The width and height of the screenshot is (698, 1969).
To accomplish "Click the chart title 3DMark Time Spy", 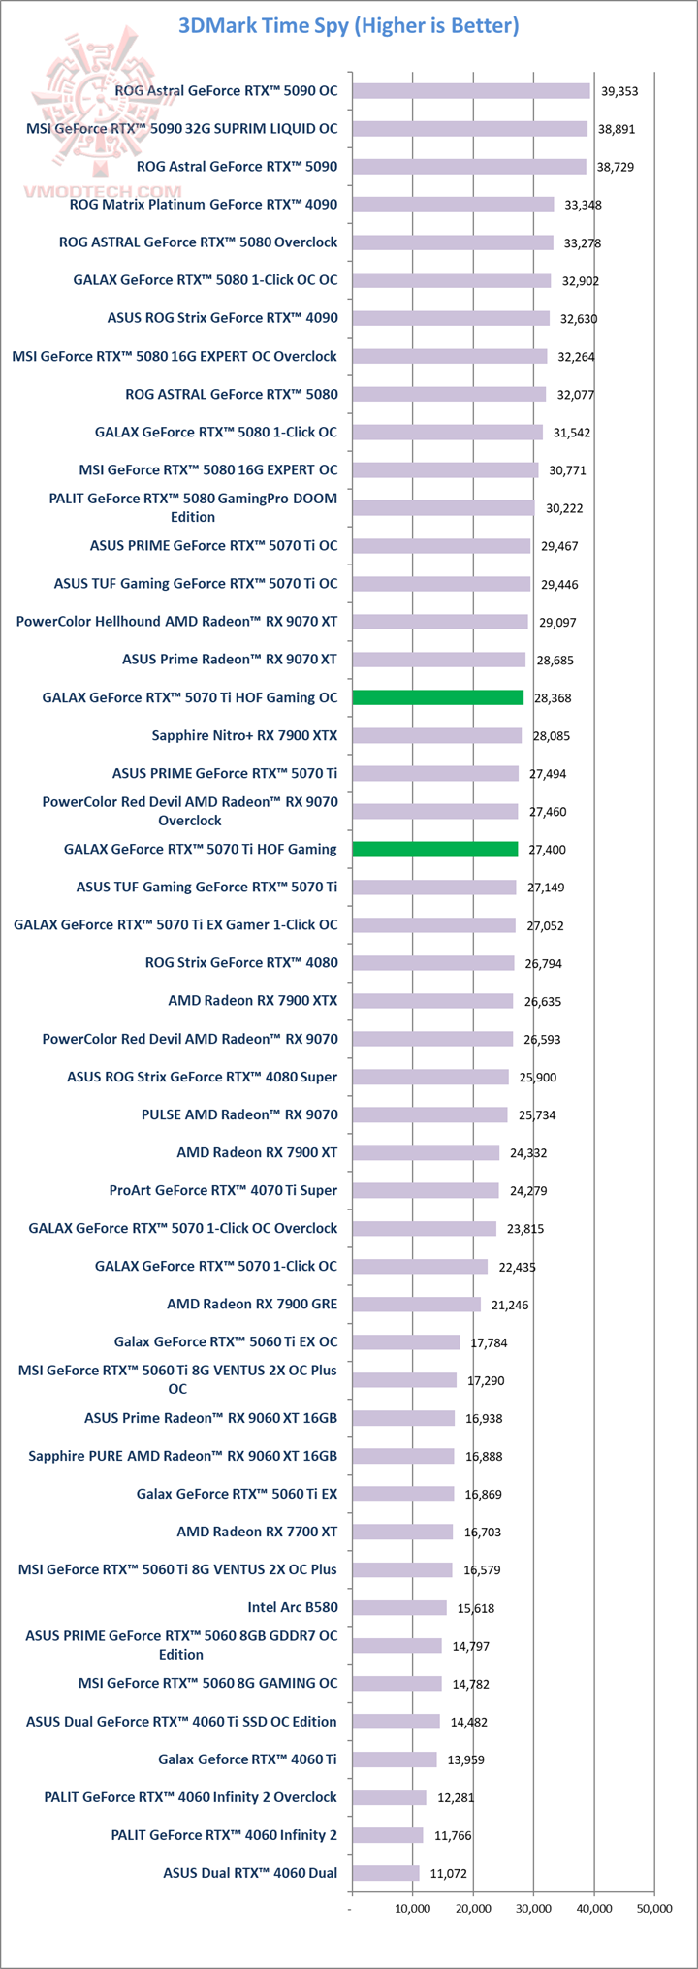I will pyautogui.click(x=348, y=26).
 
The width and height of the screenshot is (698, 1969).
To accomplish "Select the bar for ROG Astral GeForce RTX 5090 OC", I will pyautogui.click(x=471, y=90).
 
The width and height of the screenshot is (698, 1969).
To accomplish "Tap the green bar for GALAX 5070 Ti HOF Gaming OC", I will pyautogui.click(x=438, y=697).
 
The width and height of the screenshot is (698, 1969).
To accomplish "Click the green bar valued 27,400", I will pyautogui.click(x=435, y=849).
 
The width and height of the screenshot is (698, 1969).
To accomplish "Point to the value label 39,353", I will pyautogui.click(x=619, y=91).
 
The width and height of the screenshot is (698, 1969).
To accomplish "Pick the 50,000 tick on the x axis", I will pyautogui.click(x=653, y=1909).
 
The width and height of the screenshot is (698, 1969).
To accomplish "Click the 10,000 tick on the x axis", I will pyautogui.click(x=413, y=1909).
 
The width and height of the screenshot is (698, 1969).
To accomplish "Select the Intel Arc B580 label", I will pyautogui.click(x=292, y=1607).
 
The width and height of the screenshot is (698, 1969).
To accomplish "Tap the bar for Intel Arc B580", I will pyautogui.click(x=399, y=1607).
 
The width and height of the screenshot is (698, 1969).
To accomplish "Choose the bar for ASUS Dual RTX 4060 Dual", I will pyautogui.click(x=386, y=1873).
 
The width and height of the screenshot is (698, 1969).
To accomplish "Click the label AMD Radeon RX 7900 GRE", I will pyautogui.click(x=252, y=1304).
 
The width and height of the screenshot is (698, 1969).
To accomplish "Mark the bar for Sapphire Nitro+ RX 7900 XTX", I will pyautogui.click(x=437, y=735).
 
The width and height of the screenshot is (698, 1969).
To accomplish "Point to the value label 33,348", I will pyautogui.click(x=582, y=205).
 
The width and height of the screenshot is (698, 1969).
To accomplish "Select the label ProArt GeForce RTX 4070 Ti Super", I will pyautogui.click(x=223, y=1190).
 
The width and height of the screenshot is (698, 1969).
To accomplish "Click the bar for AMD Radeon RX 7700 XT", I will pyautogui.click(x=402, y=1532).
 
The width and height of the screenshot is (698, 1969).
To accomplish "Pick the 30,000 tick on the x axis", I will pyautogui.click(x=533, y=1909).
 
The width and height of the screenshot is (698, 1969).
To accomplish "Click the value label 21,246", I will pyautogui.click(x=510, y=1305).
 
